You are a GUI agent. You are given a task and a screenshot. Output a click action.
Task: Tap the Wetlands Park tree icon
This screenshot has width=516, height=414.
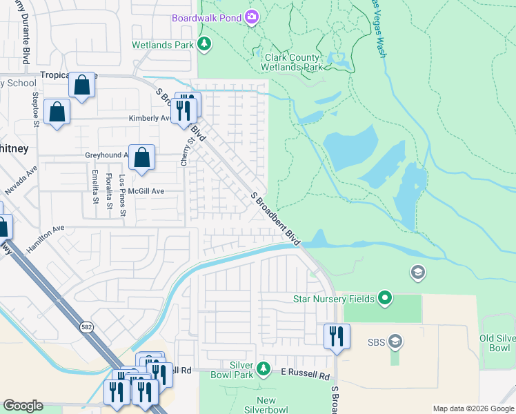[x=204, y=45]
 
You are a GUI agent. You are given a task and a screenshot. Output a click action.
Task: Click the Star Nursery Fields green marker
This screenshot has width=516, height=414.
[x=385, y=299]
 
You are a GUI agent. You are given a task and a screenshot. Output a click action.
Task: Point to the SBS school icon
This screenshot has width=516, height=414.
[x=395, y=341]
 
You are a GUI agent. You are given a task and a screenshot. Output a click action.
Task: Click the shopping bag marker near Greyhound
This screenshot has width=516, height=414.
[x=141, y=158]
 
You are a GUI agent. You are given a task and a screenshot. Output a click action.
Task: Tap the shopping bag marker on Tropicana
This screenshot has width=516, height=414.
[x=82, y=86]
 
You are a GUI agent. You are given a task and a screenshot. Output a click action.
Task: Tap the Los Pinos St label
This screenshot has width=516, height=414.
[x=123, y=195]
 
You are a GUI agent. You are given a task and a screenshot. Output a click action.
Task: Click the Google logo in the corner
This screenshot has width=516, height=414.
[x=23, y=406]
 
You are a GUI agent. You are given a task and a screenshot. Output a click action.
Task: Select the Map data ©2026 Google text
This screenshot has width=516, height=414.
[x=473, y=408]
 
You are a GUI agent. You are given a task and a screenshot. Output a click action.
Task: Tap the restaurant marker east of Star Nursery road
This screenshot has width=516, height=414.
[x=337, y=337]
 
